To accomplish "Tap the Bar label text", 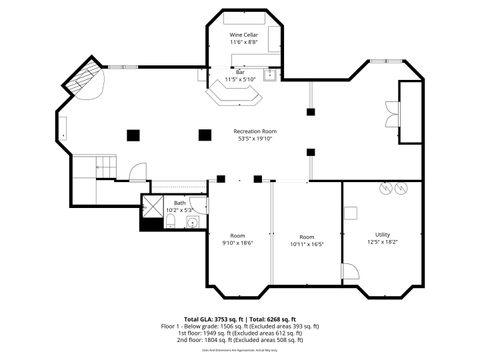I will click(240, 71).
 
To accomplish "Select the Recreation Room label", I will click(255, 131).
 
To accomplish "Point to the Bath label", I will click(180, 203).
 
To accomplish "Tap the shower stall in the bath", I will click(153, 206).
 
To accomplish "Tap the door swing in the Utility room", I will click(349, 271).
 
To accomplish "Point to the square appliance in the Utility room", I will click(350, 212).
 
